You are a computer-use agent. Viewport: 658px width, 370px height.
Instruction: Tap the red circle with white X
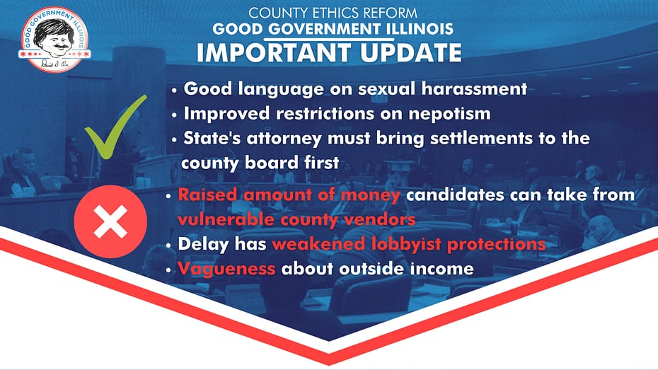tap(110, 221)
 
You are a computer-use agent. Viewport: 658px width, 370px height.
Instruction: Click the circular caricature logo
tap(54, 39)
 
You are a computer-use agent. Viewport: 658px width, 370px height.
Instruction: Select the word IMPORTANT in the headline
tap(274, 53)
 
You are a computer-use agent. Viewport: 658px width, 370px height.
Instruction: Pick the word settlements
tap(482, 139)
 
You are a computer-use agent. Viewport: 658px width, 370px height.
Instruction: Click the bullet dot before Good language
tap(174, 90)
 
